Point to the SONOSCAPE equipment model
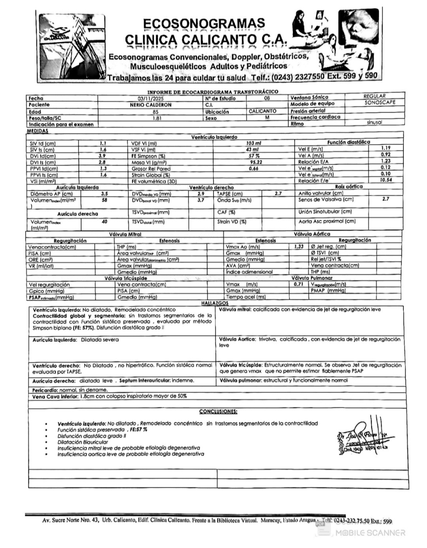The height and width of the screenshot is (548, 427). click(380, 102)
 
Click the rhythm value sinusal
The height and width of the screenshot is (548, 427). click(374, 122)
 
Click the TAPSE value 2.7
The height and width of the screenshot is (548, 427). click(278, 193)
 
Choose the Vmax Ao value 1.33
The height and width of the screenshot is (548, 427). click(299, 246)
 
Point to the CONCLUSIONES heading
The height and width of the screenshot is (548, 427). click(218, 411)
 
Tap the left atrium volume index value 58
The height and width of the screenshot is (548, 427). click(104, 200)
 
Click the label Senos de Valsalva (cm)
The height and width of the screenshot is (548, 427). click(326, 199)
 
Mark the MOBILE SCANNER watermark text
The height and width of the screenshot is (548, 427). click(370, 533)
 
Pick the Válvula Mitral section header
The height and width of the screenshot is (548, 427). click(125, 234)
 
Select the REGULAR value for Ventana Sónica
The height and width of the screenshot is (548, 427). click(374, 96)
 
